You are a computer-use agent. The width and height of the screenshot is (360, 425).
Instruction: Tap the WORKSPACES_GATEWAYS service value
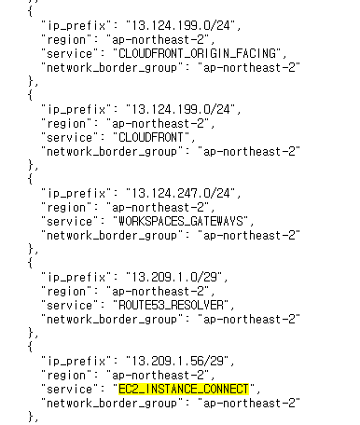click(x=185, y=221)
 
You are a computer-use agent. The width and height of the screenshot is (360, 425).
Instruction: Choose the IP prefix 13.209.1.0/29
click(x=182, y=277)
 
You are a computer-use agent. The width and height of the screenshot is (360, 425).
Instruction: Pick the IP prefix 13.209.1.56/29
click(x=186, y=360)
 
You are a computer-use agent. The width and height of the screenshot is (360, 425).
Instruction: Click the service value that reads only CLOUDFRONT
click(x=159, y=137)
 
